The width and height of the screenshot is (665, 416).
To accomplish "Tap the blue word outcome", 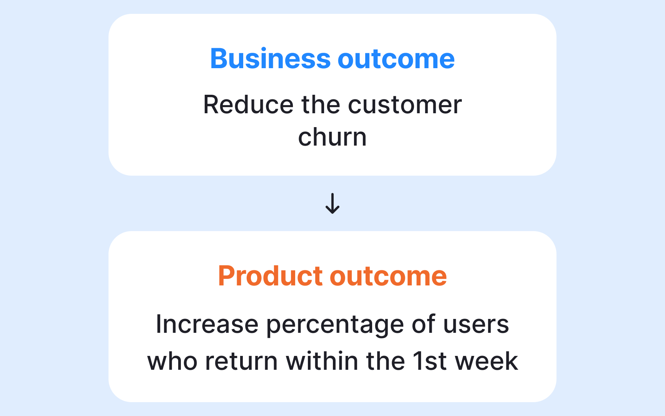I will [396, 59].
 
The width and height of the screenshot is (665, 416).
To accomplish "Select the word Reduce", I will [248, 105].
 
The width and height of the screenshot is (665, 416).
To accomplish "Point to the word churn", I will [332, 138].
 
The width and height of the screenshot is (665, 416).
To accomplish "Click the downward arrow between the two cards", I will [332, 203].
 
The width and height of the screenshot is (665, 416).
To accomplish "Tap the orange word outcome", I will [388, 276].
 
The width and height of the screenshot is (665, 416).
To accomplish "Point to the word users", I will [476, 324].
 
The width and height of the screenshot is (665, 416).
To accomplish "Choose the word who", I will [172, 361].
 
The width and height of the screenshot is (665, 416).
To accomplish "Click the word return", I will [241, 361].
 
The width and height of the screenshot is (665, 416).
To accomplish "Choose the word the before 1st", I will [385, 361].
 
